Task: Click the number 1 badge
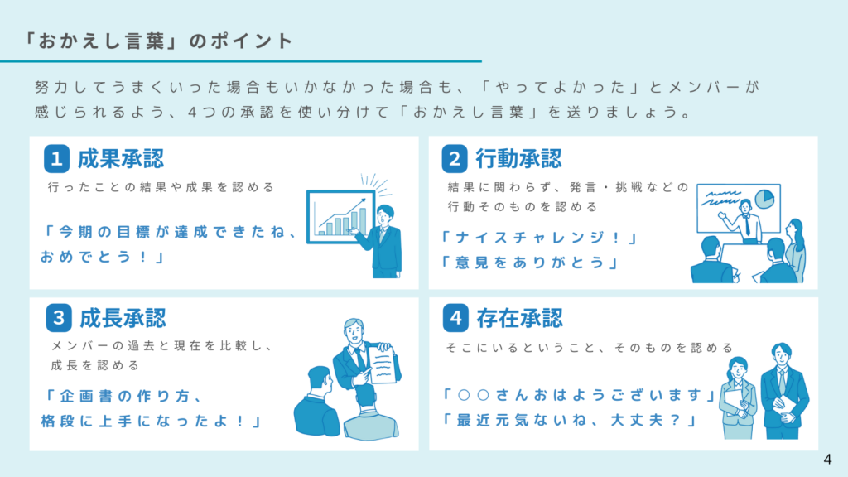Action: (x=57, y=158)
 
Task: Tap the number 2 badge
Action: (x=455, y=158)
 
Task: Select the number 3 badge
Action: (x=59, y=317)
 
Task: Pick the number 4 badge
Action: (x=455, y=317)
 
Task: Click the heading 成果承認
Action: (x=121, y=158)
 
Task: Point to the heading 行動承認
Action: (x=518, y=158)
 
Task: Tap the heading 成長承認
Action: (x=123, y=317)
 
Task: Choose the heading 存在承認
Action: (x=520, y=317)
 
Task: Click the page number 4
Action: (x=827, y=459)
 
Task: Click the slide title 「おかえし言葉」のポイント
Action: (x=158, y=41)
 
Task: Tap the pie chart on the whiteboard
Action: (x=764, y=199)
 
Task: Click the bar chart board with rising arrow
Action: (x=340, y=217)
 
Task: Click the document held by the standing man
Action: (x=383, y=364)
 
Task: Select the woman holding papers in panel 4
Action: (x=739, y=397)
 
